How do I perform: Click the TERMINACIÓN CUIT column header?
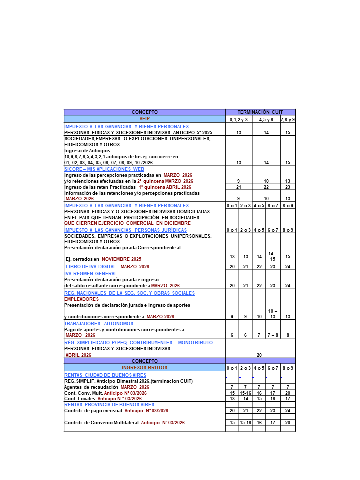coord(260,112)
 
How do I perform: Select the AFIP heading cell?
coord(144,119)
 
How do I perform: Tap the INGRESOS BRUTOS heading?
coord(144,367)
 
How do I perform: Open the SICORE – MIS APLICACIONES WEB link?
coord(104,169)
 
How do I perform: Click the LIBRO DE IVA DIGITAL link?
coord(107,267)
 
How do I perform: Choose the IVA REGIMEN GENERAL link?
coord(91,274)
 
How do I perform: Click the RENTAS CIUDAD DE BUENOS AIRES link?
coord(105,375)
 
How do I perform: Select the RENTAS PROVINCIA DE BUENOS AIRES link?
coord(109,405)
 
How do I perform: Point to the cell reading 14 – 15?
coord(273,256)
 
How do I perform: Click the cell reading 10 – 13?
coord(273,314)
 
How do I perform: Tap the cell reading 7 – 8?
coord(273,335)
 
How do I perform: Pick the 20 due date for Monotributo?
coord(259,355)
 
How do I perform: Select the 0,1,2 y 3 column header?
coord(239,120)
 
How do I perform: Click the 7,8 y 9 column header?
coord(288,120)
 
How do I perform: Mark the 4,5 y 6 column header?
coord(266,120)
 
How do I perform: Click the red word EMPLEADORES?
coord(81,299)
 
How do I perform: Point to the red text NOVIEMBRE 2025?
coord(121,259)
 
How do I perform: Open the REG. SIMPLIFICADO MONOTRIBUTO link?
coord(138,343)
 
